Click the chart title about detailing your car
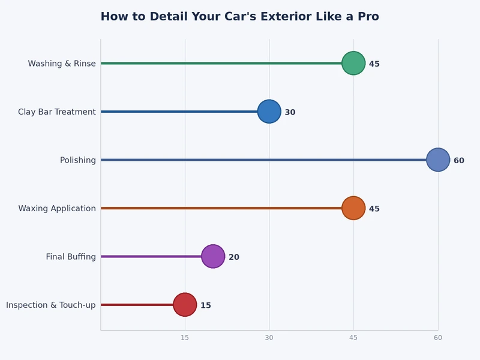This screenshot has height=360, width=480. (x=239, y=17)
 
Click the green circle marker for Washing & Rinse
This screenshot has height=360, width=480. (x=353, y=63)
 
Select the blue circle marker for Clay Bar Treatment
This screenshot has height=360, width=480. (x=269, y=112)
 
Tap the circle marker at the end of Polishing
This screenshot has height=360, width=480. (x=438, y=160)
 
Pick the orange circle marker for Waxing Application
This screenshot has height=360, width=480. (x=353, y=208)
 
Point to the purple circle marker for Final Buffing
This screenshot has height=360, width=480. (x=213, y=256)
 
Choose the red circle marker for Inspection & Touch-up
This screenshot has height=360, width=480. (x=185, y=305)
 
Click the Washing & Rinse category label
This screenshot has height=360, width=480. (x=61, y=64)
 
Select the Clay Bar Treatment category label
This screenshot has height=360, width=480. (x=56, y=112)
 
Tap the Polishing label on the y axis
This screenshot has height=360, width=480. (x=77, y=160)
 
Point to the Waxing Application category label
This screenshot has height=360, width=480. (x=56, y=209)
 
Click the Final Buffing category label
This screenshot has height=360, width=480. (x=71, y=257)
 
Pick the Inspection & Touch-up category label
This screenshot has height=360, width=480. (x=50, y=305)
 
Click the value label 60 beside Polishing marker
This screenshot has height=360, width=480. (x=459, y=161)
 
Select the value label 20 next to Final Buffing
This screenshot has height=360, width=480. (x=234, y=257)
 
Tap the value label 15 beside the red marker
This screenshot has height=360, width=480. (x=206, y=305)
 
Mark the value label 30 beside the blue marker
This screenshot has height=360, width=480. (x=290, y=112)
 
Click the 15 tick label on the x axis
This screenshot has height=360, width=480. (x=185, y=338)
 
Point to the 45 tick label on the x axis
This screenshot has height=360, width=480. (x=353, y=338)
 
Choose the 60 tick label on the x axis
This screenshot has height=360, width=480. (x=438, y=338)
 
